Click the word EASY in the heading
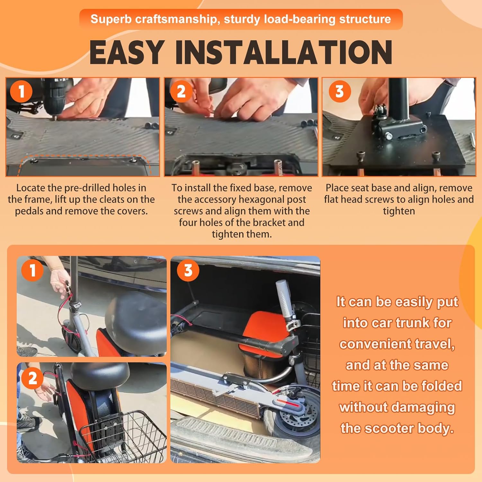click(x=127, y=52)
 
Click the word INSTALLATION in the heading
click(x=284, y=52)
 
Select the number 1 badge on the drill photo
click(x=22, y=91)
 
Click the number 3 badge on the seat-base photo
click(x=340, y=91)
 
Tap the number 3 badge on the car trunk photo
click(x=188, y=270)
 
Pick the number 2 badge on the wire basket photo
click(x=32, y=378)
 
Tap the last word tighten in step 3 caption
click(x=399, y=211)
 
